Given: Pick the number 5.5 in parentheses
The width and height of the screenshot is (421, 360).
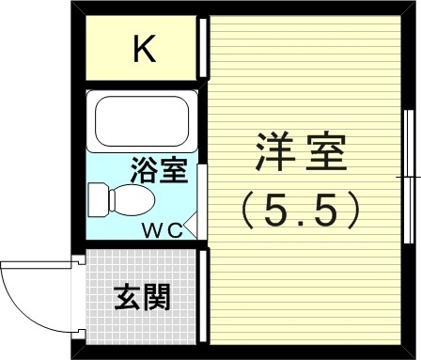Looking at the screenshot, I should click(300, 209).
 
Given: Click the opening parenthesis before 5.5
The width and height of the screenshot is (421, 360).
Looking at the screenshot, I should click(248, 209).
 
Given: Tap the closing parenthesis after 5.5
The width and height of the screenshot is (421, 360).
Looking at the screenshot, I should click(352, 209).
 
